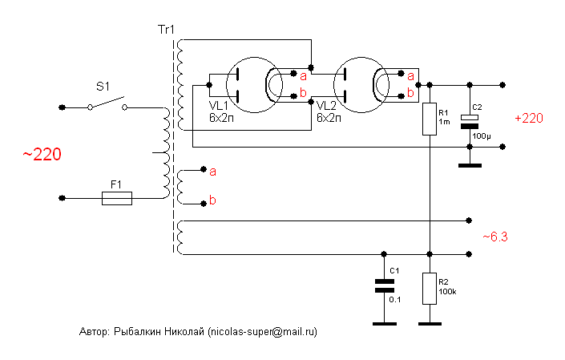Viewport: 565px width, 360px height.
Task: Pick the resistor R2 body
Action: [430, 287]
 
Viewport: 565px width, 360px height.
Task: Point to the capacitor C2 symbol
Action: [470, 122]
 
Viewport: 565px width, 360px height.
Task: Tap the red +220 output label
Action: [529, 118]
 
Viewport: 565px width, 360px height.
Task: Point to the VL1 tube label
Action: [218, 106]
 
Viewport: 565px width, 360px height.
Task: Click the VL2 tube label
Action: [327, 106]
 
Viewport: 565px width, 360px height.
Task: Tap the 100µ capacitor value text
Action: [482, 136]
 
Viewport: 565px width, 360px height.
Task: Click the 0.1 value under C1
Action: [394, 299]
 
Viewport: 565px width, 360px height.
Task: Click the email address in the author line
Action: [261, 331]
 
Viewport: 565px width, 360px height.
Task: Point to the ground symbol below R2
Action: [430, 324]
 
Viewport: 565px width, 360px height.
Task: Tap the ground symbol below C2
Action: [470, 165]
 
